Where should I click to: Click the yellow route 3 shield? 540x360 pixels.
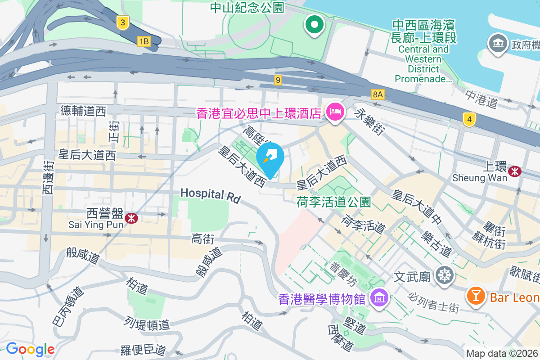pyautogui.click(x=122, y=22)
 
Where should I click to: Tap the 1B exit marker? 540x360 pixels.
pyautogui.click(x=144, y=42)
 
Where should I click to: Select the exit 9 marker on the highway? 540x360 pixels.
pyautogui.click(x=279, y=80)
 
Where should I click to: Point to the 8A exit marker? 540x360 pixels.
pyautogui.click(x=378, y=94)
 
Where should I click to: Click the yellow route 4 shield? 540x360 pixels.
pyautogui.click(x=469, y=120)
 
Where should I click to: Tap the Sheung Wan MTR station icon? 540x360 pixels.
pyautogui.click(x=515, y=171)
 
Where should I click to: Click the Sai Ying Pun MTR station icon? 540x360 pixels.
pyautogui.click(x=131, y=218)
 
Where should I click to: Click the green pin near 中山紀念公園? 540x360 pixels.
pyautogui.click(x=315, y=24)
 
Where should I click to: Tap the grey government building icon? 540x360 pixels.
pyautogui.click(x=498, y=44)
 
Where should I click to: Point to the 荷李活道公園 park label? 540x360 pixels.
pyautogui.click(x=333, y=202)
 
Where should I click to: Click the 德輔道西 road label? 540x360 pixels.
pyautogui.click(x=83, y=111)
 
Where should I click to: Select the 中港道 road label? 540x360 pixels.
pyautogui.click(x=481, y=99)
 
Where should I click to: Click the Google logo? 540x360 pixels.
pyautogui.click(x=30, y=349)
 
